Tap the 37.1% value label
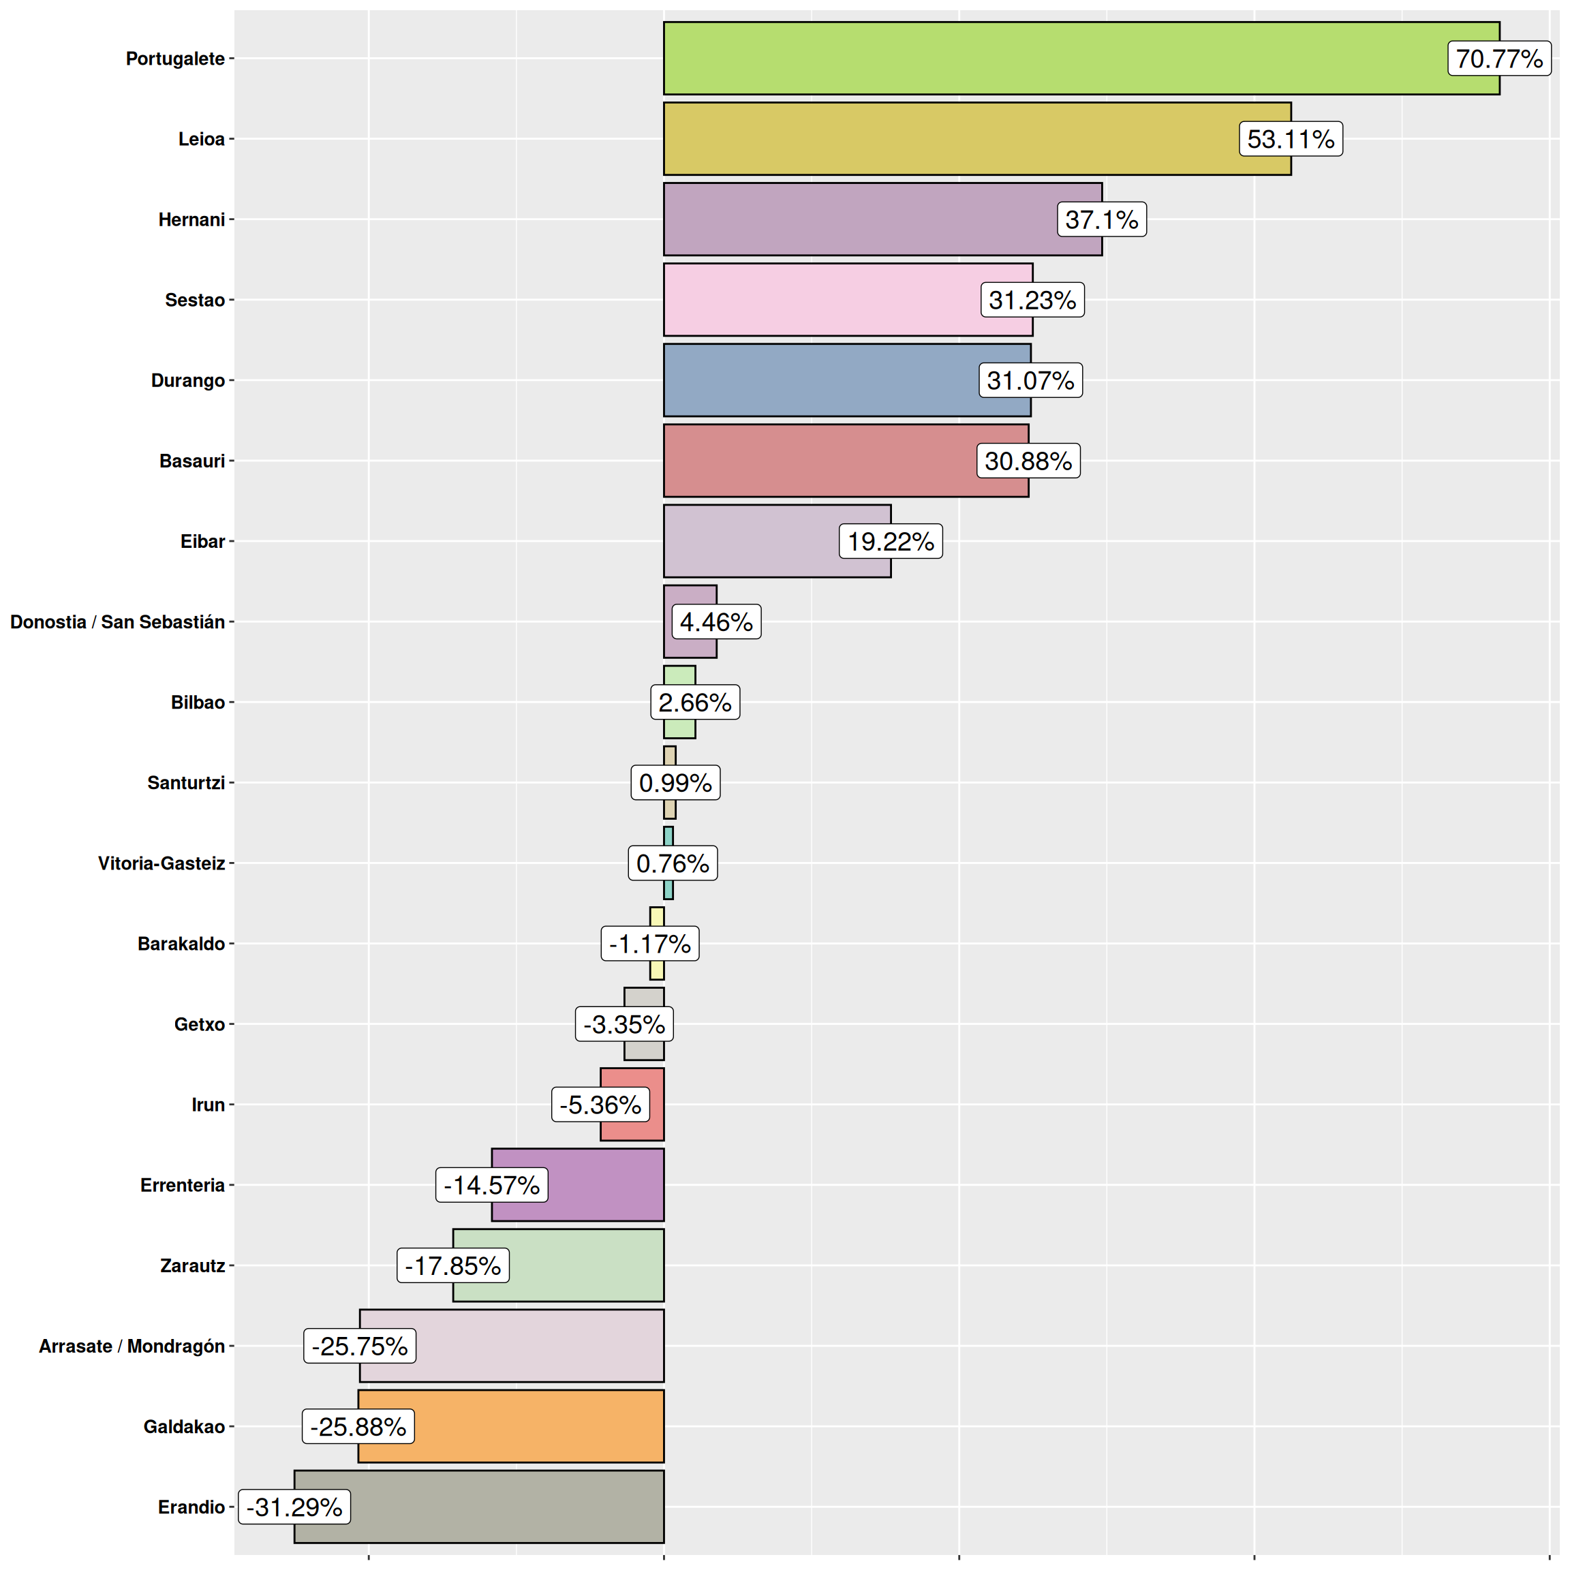1101,219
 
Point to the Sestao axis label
194,300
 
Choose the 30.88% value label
1028,461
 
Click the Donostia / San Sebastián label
117,621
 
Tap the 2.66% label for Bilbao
695,702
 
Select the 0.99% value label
675,782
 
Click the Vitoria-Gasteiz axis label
161,863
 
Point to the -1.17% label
650,944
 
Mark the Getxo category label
199,1024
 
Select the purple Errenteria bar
601,1185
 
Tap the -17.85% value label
452,1265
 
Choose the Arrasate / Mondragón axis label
132,1346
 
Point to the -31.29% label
294,1507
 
